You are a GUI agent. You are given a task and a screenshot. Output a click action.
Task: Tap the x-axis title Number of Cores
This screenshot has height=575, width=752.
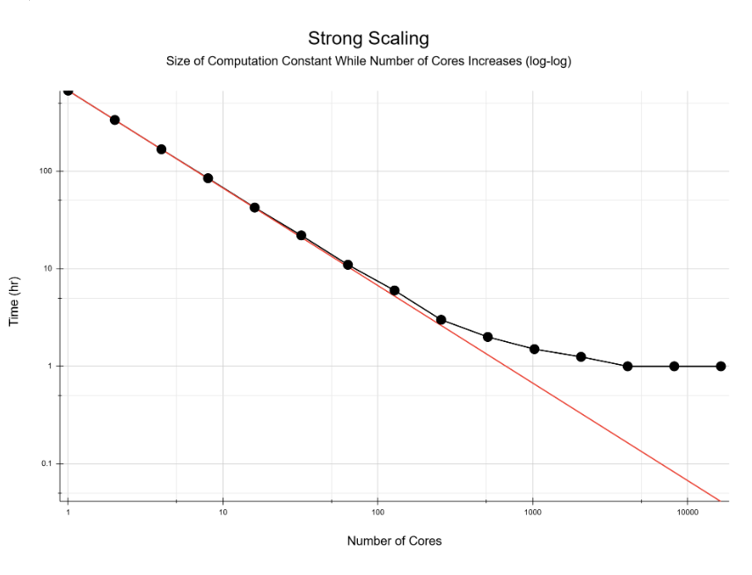pos(394,541)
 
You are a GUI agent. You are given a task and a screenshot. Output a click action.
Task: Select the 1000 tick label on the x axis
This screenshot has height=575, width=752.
pos(532,511)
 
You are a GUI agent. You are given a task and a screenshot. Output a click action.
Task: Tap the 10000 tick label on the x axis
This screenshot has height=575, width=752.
pos(687,511)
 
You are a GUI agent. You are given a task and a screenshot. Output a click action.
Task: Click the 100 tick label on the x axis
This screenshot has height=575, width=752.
pos(378,511)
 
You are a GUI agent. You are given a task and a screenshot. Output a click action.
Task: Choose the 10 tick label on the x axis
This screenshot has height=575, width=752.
pos(223,511)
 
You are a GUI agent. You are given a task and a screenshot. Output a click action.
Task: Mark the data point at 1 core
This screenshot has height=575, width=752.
pos(68,91)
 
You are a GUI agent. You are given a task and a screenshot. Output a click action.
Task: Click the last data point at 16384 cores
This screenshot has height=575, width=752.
pos(720,366)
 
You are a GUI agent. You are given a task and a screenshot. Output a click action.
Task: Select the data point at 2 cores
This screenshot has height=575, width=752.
pos(114,120)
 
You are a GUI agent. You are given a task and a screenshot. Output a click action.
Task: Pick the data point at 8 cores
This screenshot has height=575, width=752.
pos(208,178)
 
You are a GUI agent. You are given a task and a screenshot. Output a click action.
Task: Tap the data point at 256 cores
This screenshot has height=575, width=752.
pos(441,320)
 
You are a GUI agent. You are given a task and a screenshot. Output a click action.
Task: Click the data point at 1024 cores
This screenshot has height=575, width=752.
pos(534,349)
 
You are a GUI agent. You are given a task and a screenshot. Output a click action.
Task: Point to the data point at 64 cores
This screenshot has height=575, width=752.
pos(347,265)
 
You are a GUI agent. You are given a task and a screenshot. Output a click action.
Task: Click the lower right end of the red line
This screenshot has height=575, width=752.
pos(719,500)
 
